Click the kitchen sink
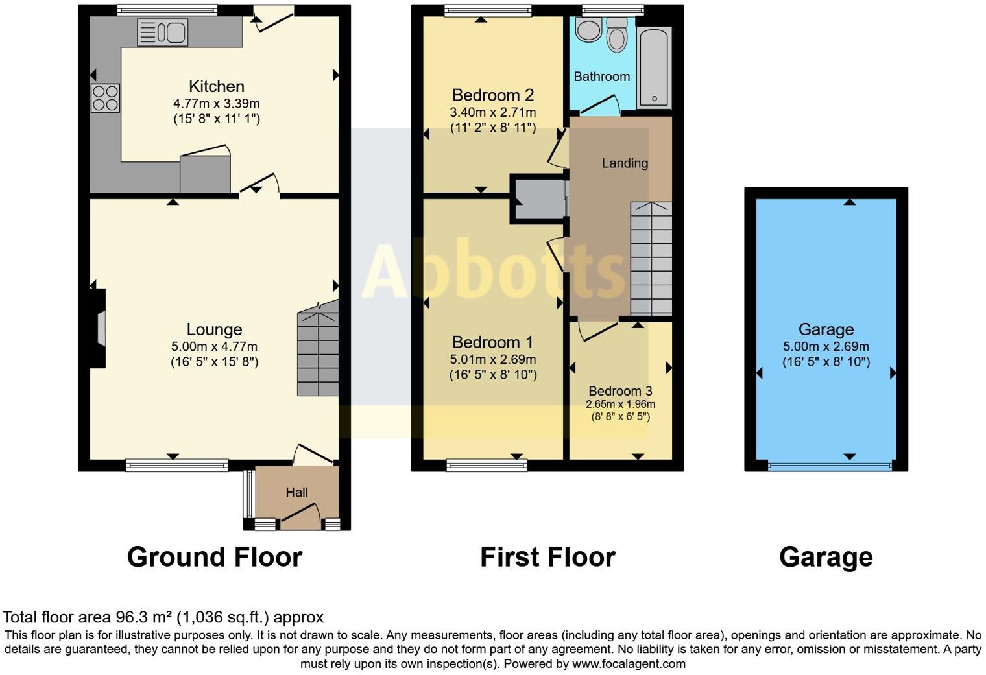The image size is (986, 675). coord(163,32)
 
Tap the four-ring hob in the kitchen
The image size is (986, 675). coord(105,98)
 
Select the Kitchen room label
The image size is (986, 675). coord(217,86)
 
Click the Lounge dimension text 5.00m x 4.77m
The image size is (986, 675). coord(214,346)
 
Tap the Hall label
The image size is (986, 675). coord(297,492)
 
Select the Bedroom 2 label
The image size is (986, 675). coord(493,95)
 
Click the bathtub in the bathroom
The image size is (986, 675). coord(654,67)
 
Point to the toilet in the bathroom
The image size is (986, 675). coord(617,36)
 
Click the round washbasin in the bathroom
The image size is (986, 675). coord(588,30)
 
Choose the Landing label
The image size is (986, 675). coord(625,163)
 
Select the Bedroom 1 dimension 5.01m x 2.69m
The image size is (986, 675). coord(493,359)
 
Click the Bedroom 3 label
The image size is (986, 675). coord(620,391)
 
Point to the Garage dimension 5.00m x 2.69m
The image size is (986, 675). coord(826,346)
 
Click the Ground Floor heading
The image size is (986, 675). coord(215,557)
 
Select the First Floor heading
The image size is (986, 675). coord(547,557)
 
